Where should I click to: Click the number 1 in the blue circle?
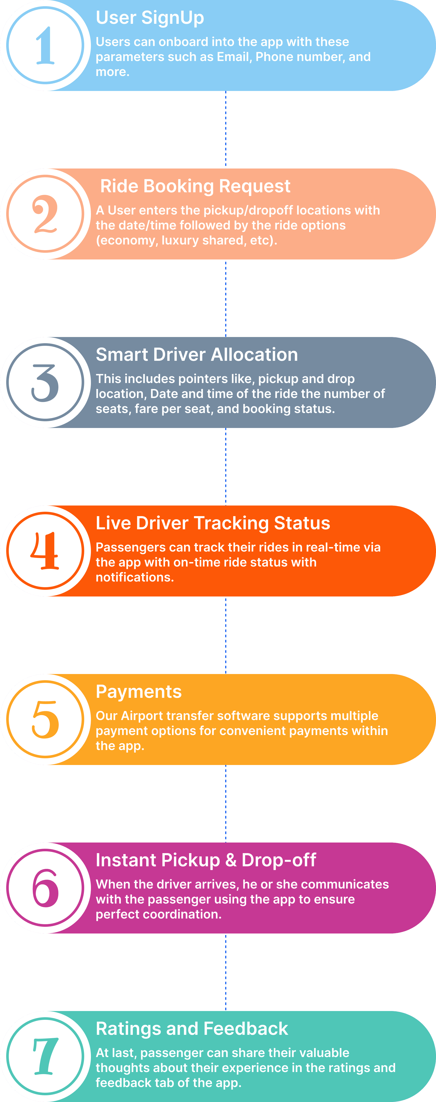[x=45, y=45]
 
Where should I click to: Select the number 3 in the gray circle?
[x=45, y=382]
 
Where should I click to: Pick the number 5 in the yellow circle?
[x=45, y=720]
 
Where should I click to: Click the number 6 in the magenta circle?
[x=45, y=888]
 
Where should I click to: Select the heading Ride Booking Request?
[x=195, y=186]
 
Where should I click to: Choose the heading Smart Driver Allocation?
[x=197, y=355]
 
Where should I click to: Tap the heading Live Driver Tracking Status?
[x=213, y=523]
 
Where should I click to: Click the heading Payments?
[x=138, y=692]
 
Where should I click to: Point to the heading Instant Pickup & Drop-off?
[x=206, y=860]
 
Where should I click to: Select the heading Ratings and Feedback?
[x=192, y=1029]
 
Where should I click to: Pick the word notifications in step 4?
[x=135, y=578]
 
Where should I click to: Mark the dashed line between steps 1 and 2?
[x=226, y=129]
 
